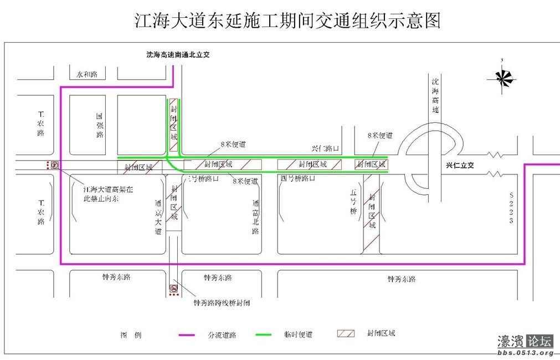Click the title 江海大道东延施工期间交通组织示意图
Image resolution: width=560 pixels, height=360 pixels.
287,20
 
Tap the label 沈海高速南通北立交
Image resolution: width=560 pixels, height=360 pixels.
178,55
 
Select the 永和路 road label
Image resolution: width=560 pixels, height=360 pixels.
87,74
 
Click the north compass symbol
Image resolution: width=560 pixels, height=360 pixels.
502,78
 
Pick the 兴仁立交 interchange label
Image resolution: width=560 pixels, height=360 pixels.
460,166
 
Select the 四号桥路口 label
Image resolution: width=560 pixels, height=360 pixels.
298,178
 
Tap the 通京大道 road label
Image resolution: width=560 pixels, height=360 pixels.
158,217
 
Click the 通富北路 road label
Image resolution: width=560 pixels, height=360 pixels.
255,217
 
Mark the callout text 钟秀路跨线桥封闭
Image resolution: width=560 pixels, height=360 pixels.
222,303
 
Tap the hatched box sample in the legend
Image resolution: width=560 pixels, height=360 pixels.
346,334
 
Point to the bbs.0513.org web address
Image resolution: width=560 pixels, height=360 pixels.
525,353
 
